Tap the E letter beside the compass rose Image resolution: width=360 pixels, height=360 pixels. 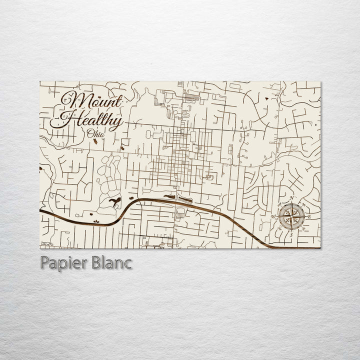point(309,216)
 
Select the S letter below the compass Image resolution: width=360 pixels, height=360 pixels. point(291,234)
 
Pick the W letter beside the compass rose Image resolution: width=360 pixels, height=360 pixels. point(273,216)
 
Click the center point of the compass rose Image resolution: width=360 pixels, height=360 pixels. point(291,217)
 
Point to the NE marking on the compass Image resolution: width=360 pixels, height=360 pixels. point(303,205)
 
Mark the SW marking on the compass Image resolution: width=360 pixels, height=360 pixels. point(279,229)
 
